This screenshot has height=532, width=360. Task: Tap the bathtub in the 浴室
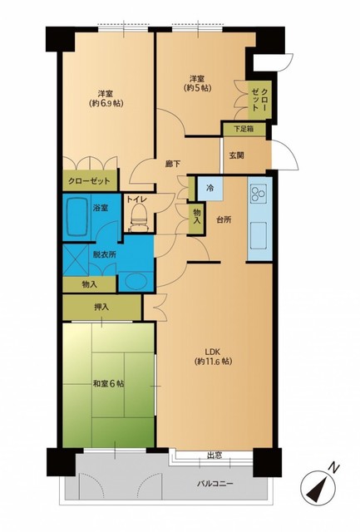click(78, 217)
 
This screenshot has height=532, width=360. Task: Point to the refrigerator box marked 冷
click(210, 188)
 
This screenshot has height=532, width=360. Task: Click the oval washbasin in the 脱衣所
click(136, 282)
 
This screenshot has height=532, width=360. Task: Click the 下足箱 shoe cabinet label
click(244, 129)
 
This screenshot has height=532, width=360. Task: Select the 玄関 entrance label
click(236, 155)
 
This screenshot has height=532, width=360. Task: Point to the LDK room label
click(213, 351)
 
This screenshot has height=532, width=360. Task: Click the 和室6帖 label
click(108, 384)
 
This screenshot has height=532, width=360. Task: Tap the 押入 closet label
click(101, 308)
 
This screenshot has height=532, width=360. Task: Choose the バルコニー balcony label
click(215, 484)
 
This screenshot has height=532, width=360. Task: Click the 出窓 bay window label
click(215, 456)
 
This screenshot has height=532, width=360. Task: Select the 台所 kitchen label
click(224, 219)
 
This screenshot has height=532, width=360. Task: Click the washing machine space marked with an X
click(76, 260)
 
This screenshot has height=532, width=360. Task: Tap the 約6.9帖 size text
click(106, 103)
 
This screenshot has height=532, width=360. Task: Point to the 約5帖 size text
click(198, 88)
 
